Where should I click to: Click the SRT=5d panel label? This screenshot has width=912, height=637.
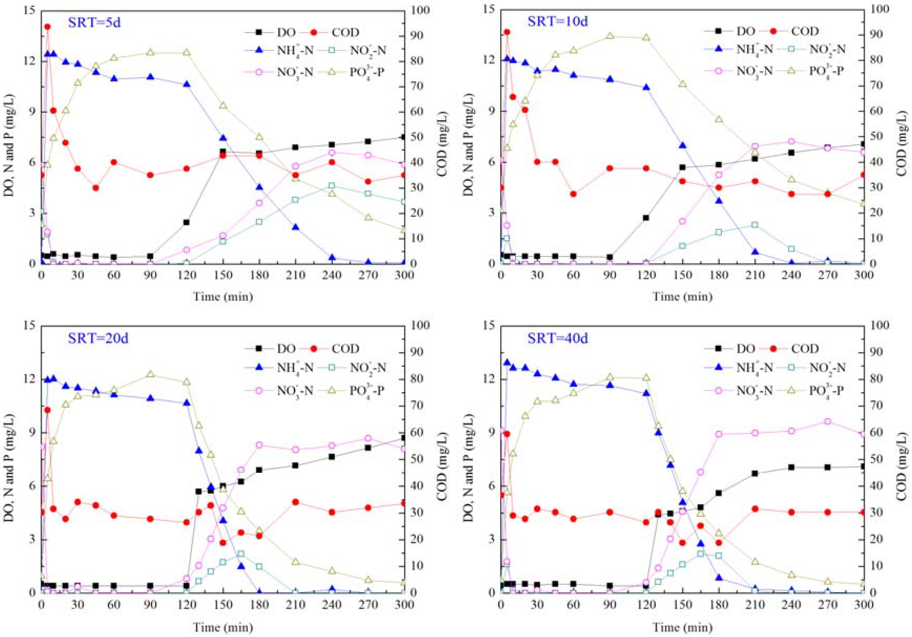[94, 22]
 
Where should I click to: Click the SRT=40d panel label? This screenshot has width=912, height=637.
[557, 338]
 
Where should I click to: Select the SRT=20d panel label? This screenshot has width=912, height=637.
[98, 338]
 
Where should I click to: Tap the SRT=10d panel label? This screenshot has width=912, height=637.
[557, 21]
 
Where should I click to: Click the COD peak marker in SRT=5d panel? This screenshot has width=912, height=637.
[47, 26]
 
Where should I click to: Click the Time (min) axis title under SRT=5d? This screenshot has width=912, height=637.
[223, 296]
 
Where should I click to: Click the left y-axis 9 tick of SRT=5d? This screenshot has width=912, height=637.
[32, 112]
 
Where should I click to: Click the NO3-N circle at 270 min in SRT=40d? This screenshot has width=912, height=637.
[827, 422]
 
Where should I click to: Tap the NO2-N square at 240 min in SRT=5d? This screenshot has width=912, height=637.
[332, 186]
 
